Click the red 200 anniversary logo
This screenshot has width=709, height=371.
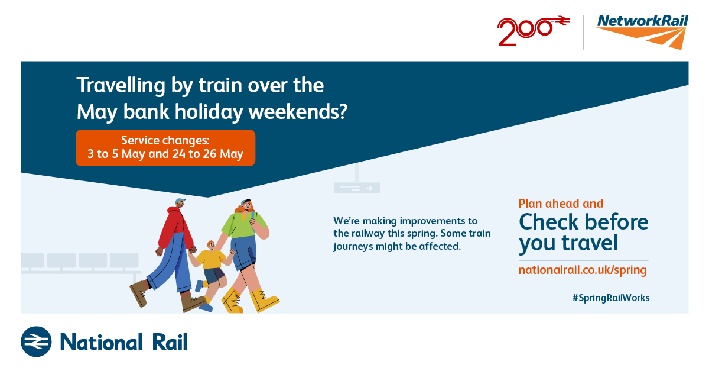click(x=533, y=30)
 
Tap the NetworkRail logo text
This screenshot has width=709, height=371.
click(x=643, y=21)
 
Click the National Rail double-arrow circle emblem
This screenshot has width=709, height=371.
click(x=36, y=341)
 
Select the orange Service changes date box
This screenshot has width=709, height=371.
click(x=165, y=148)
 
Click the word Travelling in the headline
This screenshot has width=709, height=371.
click(x=121, y=86)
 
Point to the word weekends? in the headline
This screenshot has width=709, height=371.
click(x=298, y=112)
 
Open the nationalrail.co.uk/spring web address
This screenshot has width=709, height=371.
click(x=583, y=270)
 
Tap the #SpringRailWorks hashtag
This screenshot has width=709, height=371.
click(x=611, y=298)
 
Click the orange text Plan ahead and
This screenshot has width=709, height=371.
click(x=561, y=204)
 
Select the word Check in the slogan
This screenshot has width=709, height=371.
click(x=551, y=222)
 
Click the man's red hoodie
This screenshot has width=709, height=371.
click(x=175, y=228)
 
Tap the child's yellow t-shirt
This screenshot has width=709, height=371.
click(x=211, y=259)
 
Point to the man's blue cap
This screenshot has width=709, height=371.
click(x=180, y=201)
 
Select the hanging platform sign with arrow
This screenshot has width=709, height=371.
click(x=357, y=188)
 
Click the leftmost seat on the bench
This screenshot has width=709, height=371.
click(x=32, y=260)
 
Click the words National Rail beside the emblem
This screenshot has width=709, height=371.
click(x=123, y=342)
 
